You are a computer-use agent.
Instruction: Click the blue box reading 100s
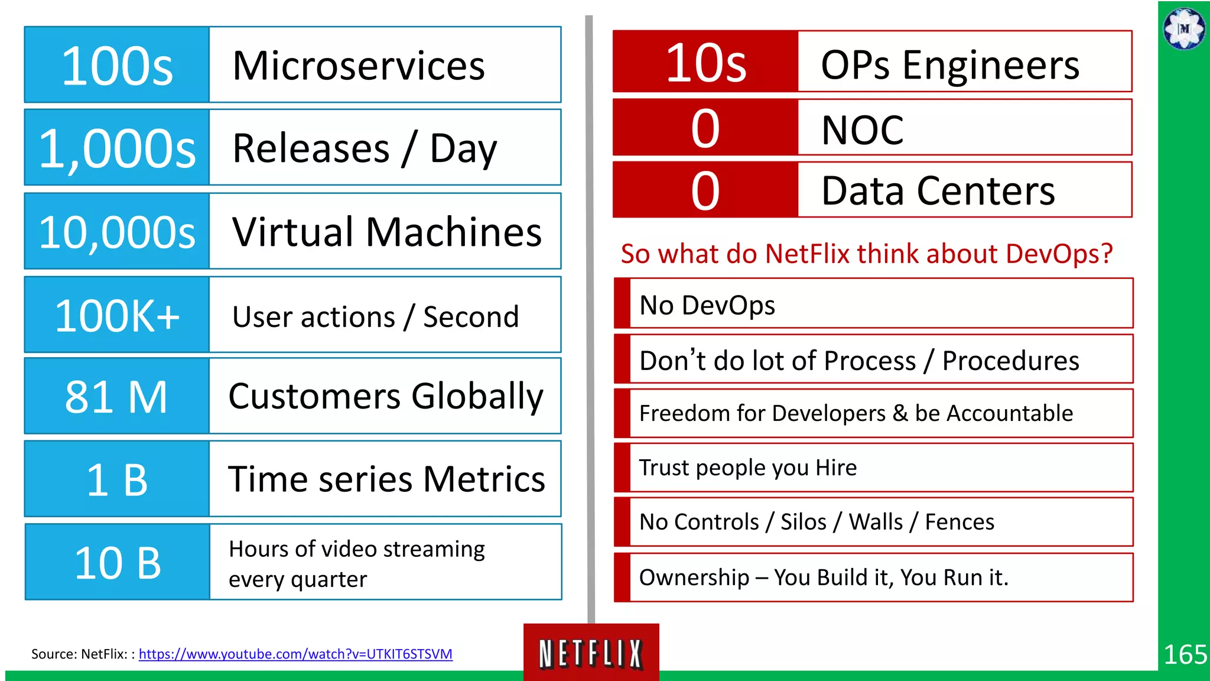(x=117, y=65)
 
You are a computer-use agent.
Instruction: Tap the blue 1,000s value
(x=117, y=148)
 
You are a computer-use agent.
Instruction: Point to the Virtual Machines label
(x=387, y=232)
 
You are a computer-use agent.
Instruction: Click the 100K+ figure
(x=117, y=316)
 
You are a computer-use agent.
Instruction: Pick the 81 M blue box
(x=117, y=397)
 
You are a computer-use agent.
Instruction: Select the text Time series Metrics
(x=387, y=479)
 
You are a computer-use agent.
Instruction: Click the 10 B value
(x=117, y=563)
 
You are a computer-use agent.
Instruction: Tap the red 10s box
(x=705, y=62)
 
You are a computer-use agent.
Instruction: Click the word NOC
(x=863, y=130)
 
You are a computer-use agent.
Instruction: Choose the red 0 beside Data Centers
(x=705, y=191)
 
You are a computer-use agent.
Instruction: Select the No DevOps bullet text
(x=707, y=306)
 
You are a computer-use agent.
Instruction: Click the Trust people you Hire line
(x=748, y=468)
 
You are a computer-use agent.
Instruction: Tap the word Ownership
(x=694, y=578)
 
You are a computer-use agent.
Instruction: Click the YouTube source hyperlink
(x=295, y=654)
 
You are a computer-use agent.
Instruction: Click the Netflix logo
(x=591, y=653)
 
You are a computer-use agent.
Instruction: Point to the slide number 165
(x=1185, y=655)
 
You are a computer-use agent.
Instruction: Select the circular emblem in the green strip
(x=1184, y=28)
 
